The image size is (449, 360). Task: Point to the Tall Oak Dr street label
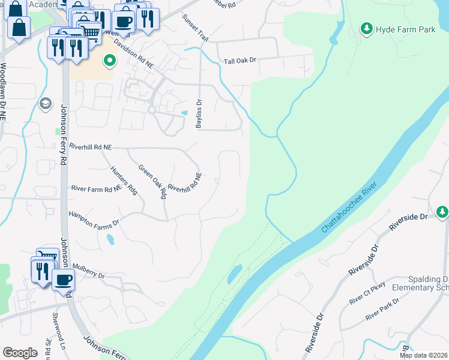click(x=240, y=61)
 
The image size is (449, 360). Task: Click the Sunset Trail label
click(x=195, y=28)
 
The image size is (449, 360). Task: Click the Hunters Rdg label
click(x=124, y=180)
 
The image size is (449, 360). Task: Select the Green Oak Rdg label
click(x=152, y=182)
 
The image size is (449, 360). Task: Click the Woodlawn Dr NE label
click(x=4, y=89)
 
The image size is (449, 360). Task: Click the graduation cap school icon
click(x=44, y=104)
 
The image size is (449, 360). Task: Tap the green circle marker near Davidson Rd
click(x=110, y=60)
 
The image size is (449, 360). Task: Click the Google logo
click(x=20, y=352)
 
